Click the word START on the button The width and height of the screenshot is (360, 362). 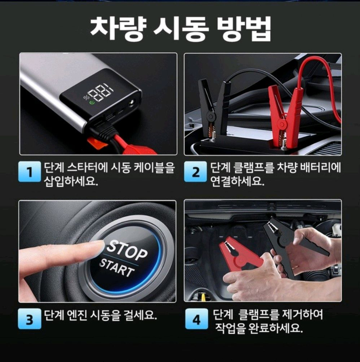coord(117,268)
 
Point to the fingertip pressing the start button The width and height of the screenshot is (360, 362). coord(96,248)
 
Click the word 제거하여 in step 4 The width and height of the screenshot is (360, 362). coord(302,315)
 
